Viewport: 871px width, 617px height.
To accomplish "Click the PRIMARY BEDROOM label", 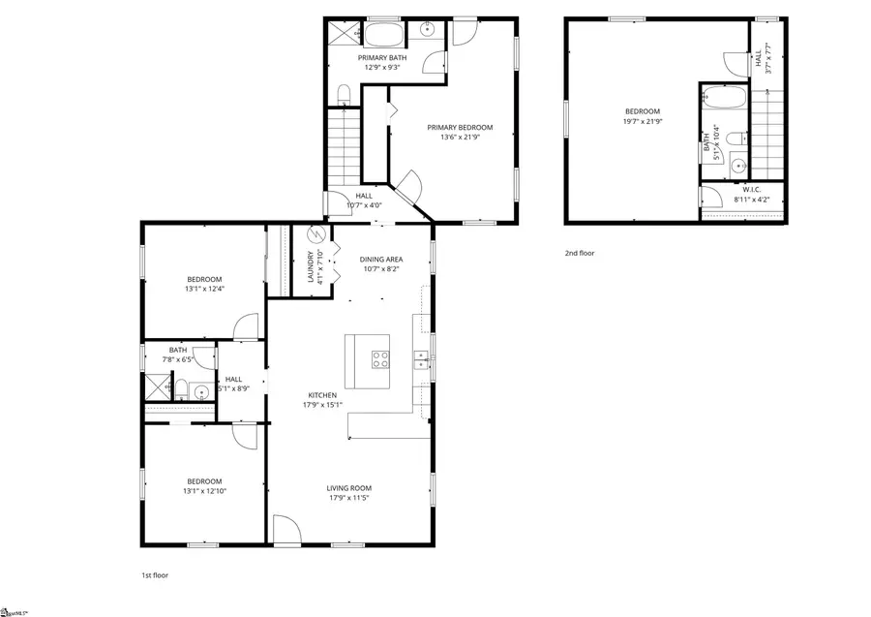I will (x=461, y=128).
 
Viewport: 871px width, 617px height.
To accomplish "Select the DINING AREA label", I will (x=381, y=260).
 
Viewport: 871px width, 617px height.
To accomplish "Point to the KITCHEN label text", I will (x=322, y=395).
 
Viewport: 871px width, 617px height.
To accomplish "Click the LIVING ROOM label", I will (x=350, y=488).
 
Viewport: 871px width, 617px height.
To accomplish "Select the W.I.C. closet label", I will (x=752, y=189).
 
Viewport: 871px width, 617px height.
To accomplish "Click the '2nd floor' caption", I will (x=580, y=254).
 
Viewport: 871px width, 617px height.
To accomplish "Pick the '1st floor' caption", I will (x=155, y=575).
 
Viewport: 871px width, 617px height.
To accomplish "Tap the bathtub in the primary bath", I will (x=385, y=35).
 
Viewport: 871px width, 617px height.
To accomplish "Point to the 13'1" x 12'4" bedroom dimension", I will (x=204, y=290).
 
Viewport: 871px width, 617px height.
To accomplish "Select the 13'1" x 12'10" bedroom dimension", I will (x=204, y=491).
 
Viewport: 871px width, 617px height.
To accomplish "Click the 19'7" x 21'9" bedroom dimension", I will (x=641, y=121).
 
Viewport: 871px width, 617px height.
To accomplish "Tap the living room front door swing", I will (x=287, y=530).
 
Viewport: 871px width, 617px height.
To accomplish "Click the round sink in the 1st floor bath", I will (x=200, y=392).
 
